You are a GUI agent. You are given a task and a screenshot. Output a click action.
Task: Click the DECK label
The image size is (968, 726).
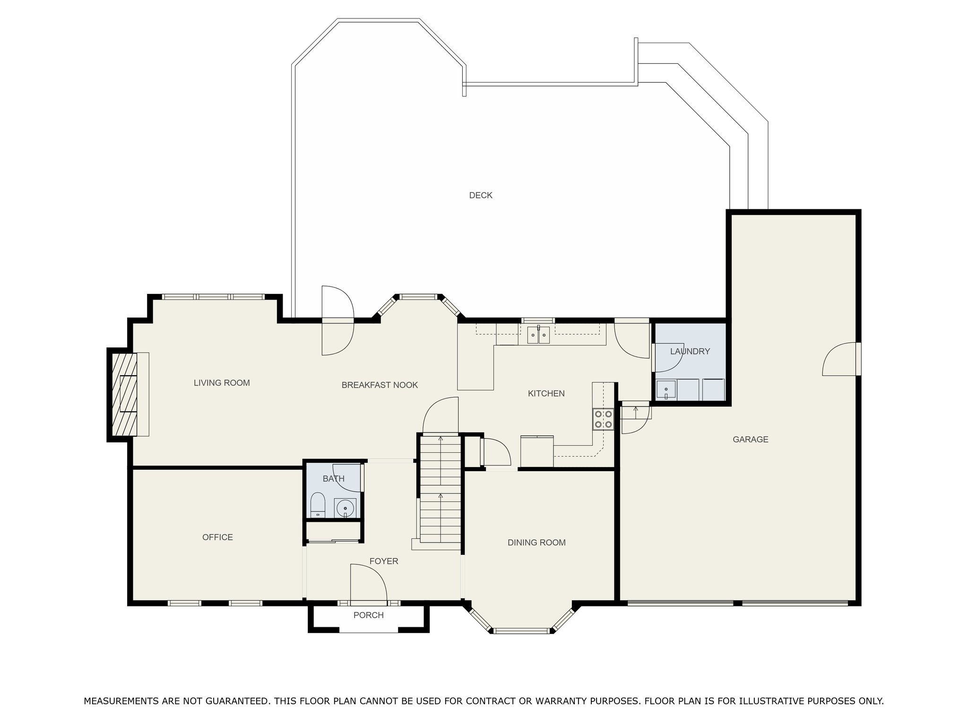[x=481, y=195]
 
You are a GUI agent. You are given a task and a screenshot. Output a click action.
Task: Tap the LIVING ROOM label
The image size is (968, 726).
[x=222, y=383]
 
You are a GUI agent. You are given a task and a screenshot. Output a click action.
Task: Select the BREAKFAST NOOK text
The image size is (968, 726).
[x=380, y=385]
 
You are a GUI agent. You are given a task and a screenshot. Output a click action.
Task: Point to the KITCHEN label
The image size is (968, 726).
[x=546, y=393]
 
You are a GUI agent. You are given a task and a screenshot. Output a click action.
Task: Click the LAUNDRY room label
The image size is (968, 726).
[x=690, y=351]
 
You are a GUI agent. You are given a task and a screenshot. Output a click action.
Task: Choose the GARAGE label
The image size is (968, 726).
[x=751, y=440]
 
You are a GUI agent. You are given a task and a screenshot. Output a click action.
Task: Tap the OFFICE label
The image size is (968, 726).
[x=217, y=537]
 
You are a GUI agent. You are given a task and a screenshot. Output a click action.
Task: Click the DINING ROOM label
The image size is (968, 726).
[x=536, y=543]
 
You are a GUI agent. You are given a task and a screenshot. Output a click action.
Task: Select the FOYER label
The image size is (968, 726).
[x=384, y=561]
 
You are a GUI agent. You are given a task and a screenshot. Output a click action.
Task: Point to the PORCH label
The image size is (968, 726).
[x=369, y=615]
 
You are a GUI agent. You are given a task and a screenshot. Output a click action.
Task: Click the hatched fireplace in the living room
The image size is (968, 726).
[x=124, y=394]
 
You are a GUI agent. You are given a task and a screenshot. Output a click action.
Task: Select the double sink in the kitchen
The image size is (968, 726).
[x=538, y=335]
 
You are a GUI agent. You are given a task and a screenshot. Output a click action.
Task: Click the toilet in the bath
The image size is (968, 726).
[x=318, y=505]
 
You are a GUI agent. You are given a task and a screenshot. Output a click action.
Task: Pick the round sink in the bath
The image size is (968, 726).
[x=346, y=508]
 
